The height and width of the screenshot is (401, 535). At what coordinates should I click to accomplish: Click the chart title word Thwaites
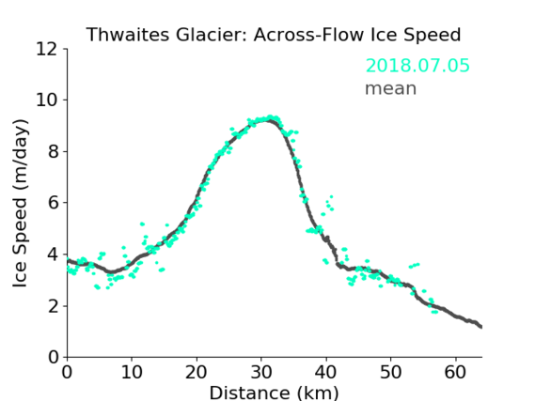pos(128,35)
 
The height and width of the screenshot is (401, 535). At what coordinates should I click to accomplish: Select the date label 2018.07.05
pos(417,66)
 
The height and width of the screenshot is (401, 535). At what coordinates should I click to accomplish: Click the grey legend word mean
pos(391,88)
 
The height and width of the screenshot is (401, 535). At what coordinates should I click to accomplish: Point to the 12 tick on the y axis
pos(47,50)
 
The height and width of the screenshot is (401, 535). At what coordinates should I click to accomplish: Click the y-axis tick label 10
pos(47,100)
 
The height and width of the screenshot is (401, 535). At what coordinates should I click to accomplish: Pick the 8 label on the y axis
pos(53,151)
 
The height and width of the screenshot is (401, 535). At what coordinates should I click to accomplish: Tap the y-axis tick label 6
pos(53,203)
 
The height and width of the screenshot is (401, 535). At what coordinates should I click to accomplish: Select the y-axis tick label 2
pos(53,307)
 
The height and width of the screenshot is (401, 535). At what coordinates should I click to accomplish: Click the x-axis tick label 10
pos(132,373)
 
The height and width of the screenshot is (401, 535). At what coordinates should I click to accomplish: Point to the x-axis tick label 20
pos(197,373)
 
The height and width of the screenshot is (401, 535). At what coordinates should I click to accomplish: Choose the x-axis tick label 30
pos(261,373)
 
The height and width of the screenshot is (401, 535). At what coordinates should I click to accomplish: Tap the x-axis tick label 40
pos(326,373)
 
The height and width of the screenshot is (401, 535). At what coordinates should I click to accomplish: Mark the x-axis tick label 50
pos(391,373)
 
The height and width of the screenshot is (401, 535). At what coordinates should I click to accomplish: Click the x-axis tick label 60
pos(455,373)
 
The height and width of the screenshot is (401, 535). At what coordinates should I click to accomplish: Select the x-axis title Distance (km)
pos(274,393)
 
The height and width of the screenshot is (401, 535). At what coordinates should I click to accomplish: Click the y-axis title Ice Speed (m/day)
pos(20,203)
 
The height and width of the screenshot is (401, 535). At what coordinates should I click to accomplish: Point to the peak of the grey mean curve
pos(268,120)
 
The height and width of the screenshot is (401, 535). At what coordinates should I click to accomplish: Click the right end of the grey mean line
pos(481,327)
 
